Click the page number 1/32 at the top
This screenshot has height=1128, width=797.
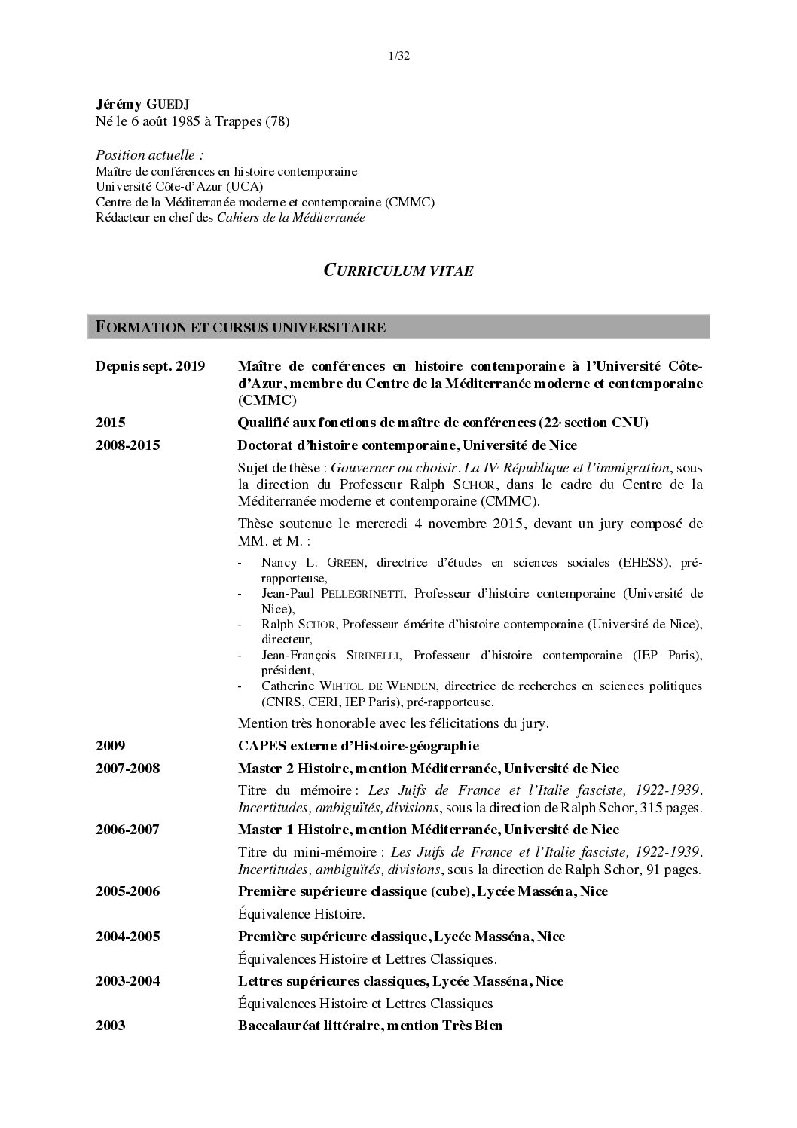pos(398,55)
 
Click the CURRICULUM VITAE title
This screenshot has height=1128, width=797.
pos(398,271)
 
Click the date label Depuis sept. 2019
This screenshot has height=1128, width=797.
pos(150,366)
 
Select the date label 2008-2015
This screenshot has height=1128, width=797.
pos(127,445)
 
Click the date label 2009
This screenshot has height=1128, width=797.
pos(110,746)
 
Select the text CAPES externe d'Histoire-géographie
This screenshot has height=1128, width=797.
pos(358,746)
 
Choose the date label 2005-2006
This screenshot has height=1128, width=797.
pos(127,891)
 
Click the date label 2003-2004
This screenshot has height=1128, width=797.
pos(127,981)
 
